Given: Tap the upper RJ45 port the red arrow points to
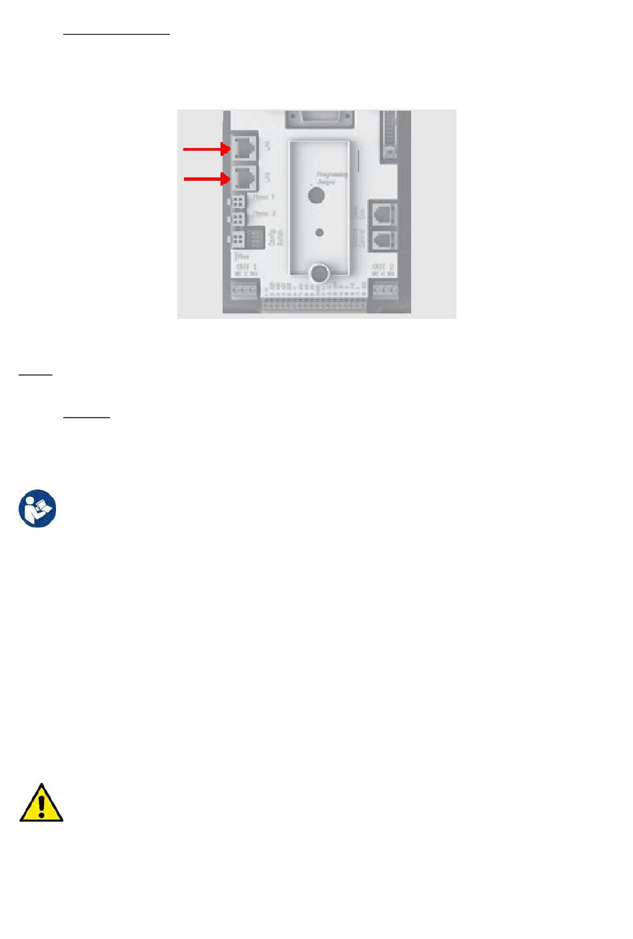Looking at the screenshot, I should click(245, 148).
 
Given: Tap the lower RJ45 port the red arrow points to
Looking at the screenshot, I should click(245, 177).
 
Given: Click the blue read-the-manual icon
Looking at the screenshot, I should click(37, 509).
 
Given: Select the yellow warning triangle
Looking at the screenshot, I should click(41, 804).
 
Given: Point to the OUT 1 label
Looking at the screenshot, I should click(247, 267).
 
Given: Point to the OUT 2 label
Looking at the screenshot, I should click(383, 267).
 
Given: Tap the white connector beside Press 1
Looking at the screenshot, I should click(239, 201).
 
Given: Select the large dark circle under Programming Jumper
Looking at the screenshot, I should click(316, 195).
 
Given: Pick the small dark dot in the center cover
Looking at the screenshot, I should click(320, 232).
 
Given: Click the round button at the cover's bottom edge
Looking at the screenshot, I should click(320, 273).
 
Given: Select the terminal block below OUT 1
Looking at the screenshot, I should click(245, 291).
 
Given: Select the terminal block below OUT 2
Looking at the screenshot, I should click(384, 291).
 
